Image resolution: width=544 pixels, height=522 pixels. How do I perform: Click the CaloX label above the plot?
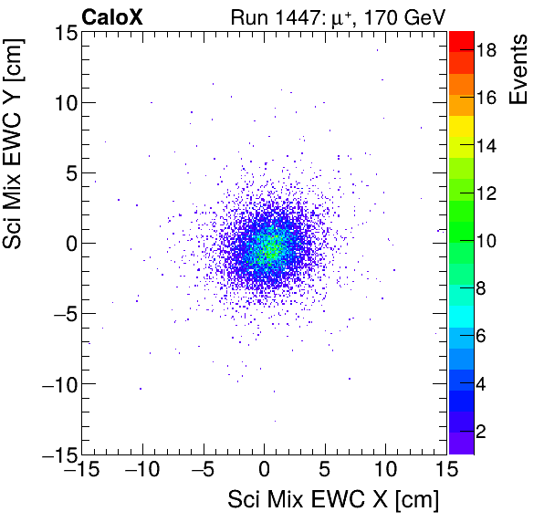(x=110, y=16)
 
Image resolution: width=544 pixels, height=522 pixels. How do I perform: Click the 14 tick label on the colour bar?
(x=486, y=146)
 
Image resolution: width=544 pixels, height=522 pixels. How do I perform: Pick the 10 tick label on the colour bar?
(x=486, y=241)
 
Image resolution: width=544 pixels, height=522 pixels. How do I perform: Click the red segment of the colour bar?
(x=462, y=38)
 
